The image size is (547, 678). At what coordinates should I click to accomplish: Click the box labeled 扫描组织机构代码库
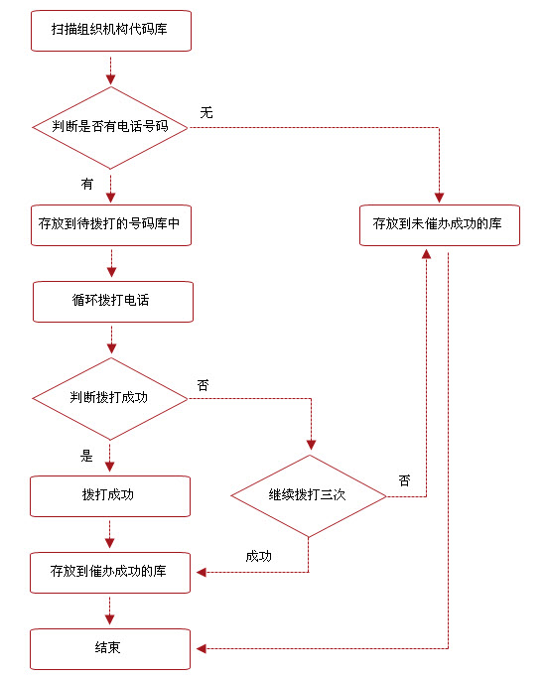pos(109,31)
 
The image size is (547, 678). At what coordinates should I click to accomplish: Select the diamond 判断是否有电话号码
pos(109,127)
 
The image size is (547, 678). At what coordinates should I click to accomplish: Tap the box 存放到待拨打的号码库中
pos(109,224)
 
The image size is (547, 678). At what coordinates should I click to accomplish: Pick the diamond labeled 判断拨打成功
pos(109,398)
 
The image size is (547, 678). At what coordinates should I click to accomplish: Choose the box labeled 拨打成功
pos(109,495)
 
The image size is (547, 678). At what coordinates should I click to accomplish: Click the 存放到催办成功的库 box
pos(109,572)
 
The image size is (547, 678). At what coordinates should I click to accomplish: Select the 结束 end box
pos(109,648)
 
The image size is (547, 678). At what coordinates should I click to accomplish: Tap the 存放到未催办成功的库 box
pos(438,224)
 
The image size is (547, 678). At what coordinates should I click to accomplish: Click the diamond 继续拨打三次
pos(308,495)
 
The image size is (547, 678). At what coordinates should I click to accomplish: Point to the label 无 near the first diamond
pos(206,112)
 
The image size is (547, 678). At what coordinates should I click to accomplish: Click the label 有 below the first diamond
pos(87,184)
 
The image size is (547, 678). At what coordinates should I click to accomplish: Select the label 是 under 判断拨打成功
pos(86,457)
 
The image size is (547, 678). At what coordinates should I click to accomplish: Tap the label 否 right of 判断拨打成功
pos(204,385)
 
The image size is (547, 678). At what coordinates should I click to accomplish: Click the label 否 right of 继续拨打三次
pos(404,480)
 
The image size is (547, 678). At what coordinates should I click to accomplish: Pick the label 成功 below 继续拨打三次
pos(258,556)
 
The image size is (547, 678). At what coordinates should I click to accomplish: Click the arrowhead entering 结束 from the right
pos(201,648)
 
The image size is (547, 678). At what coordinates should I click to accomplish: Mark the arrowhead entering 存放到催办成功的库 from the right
pos(201,572)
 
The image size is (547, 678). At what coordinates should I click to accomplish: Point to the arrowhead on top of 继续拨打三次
pos(312,444)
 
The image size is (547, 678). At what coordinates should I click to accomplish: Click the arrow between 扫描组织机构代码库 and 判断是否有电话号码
pos(110,69)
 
